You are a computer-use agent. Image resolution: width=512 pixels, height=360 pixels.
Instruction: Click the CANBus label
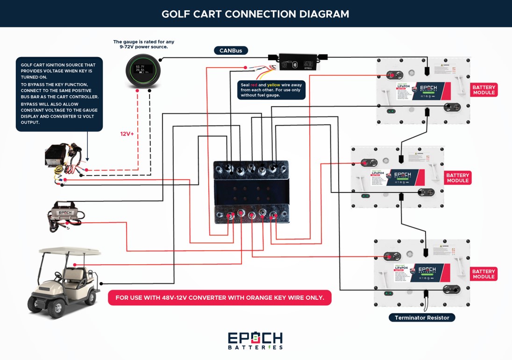click(231, 50)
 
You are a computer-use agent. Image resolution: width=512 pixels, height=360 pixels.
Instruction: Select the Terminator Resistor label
click(422, 318)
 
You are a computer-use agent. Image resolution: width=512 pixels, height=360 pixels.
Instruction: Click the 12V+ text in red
click(127, 134)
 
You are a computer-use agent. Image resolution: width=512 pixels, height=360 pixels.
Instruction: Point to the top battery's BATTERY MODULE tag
click(484, 90)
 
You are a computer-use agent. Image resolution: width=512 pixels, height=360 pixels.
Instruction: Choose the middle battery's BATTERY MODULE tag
click(458, 178)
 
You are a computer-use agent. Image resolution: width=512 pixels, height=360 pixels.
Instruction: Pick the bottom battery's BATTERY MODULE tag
click(484, 274)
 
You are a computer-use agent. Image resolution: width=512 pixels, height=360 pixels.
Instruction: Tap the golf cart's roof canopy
click(69, 251)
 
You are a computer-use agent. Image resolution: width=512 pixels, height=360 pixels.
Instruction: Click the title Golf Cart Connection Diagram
click(256, 14)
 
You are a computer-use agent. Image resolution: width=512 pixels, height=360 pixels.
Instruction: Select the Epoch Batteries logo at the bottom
click(255, 340)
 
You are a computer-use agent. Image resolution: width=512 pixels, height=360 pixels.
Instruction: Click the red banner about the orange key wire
click(220, 297)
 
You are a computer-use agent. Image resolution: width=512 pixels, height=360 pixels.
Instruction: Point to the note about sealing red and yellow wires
click(271, 90)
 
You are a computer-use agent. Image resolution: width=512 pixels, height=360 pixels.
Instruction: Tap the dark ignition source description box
click(59, 94)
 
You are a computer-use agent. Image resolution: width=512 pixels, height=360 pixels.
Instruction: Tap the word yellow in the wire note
click(274, 85)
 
